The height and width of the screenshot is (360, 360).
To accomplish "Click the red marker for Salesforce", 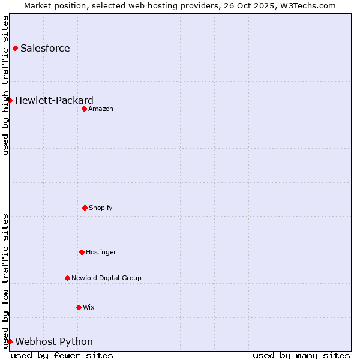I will pos(15,48).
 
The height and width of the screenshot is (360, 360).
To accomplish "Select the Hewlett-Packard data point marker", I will pos(10,100).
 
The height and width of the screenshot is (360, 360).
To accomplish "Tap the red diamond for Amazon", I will pos(84,109).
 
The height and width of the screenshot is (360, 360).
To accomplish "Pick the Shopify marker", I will pos(85,208).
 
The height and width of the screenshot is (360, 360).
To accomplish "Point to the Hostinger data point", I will pos(82,252).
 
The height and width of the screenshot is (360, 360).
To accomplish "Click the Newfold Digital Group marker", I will pos(67,278).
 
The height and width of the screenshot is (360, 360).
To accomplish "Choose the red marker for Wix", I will pos(79,307).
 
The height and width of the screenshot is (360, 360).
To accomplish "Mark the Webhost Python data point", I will pos(10,341).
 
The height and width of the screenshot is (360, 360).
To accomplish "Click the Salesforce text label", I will pos(45,48).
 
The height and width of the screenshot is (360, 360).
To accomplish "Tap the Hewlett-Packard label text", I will pos(54,100).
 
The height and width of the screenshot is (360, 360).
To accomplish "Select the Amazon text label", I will pos(101,109).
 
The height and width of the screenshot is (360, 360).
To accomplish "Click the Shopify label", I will pos(101,208).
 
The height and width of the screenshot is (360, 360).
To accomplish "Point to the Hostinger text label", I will pos(101,252).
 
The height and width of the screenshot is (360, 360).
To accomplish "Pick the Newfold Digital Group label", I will pos(106,278).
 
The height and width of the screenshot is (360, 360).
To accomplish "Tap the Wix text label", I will pos(89,307).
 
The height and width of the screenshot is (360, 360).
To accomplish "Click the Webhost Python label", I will pos(54,341).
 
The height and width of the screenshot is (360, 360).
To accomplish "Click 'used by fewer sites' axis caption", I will pos(62,355).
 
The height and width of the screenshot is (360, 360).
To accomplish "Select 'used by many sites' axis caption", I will pos(301,355).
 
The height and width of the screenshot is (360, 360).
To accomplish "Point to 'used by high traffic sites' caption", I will pos(5,85).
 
